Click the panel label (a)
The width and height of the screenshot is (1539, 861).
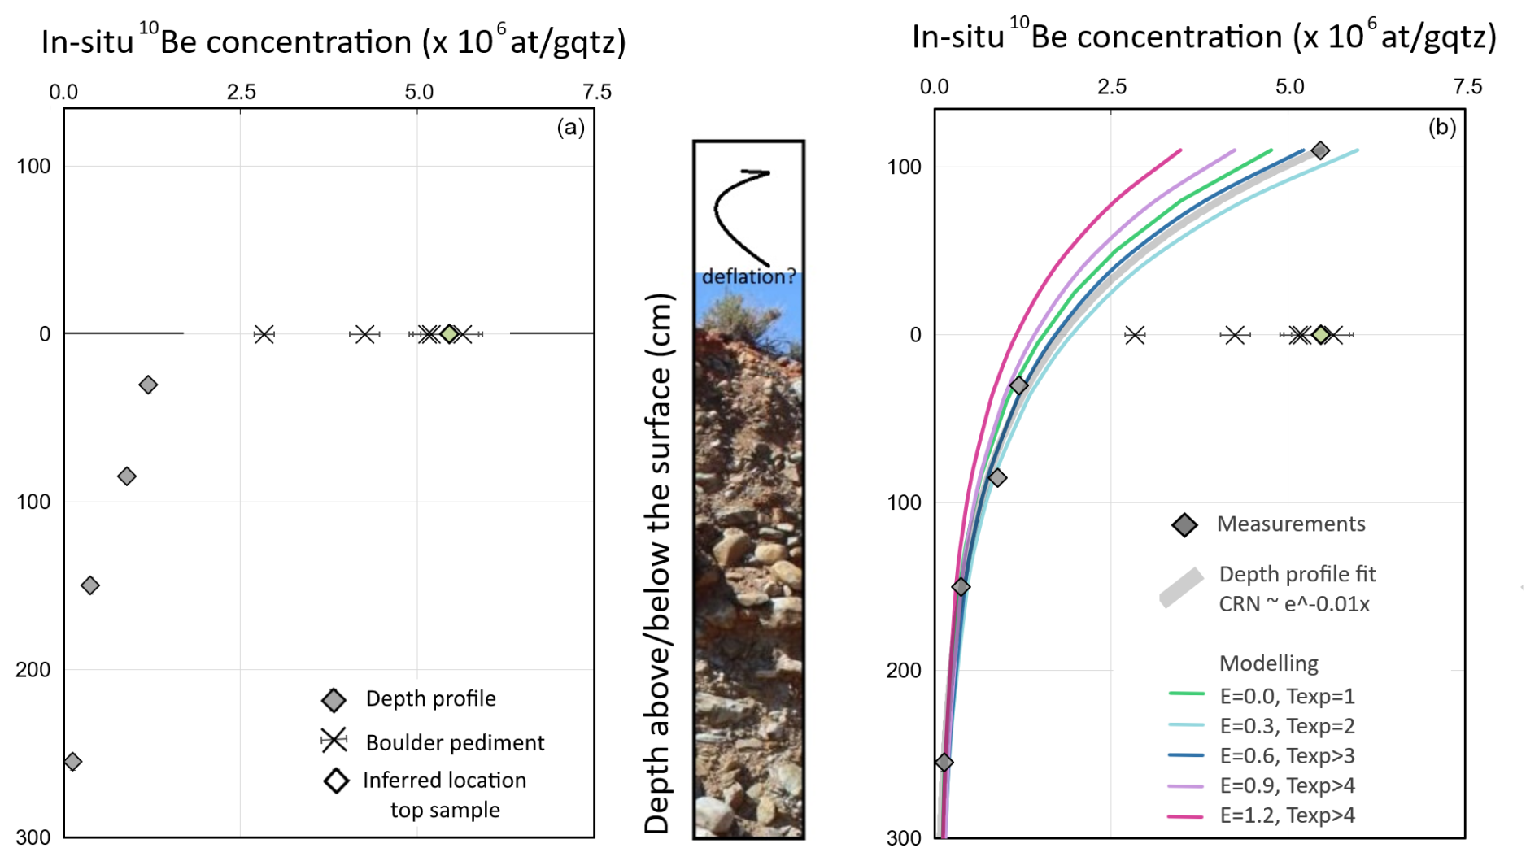tap(570, 127)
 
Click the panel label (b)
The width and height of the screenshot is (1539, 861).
tap(1441, 127)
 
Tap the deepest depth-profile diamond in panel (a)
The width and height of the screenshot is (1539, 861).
tap(72, 762)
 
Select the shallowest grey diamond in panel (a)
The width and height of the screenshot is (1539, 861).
tap(147, 385)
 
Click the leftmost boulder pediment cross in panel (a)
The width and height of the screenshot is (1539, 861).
tap(264, 334)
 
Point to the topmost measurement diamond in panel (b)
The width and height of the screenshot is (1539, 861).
tap(1320, 150)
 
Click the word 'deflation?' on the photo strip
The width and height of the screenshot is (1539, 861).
tap(748, 276)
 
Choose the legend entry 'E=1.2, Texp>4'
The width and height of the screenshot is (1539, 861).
tap(1287, 815)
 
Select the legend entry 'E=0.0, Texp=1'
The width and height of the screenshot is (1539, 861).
tap(1287, 696)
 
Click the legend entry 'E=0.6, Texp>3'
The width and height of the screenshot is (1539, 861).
tap(1287, 756)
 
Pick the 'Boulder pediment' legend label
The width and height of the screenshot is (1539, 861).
tap(455, 742)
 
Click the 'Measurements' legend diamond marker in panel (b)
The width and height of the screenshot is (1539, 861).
tap(1184, 525)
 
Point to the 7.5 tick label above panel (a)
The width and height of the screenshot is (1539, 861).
tap(597, 92)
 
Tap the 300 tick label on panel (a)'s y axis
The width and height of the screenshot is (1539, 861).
tap(33, 837)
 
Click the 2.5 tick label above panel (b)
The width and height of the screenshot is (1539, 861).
tap(1111, 87)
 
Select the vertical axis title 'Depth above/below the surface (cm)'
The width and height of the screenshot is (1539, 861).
tap(657, 563)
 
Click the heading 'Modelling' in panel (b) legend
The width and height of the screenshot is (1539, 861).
tap(1268, 663)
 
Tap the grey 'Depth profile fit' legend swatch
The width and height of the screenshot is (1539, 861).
tap(1181, 588)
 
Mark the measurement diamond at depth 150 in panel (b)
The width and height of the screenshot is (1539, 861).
tap(961, 587)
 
